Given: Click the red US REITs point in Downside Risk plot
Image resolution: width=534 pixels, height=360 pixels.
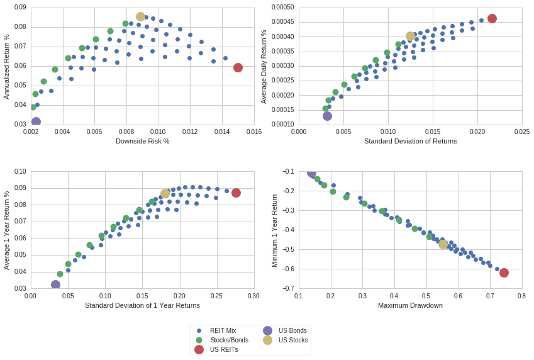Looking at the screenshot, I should (x=238, y=67).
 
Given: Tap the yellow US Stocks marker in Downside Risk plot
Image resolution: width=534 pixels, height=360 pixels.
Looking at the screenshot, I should (x=140, y=16).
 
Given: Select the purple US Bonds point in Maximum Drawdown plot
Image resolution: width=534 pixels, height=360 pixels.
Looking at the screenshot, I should (x=311, y=173).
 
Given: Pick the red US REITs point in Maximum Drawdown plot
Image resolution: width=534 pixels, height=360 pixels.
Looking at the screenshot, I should (x=504, y=273).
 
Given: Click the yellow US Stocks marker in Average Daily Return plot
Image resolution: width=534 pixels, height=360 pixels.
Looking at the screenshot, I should (x=410, y=37).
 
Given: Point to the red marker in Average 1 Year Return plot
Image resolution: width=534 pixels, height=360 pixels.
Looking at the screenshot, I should (x=236, y=193).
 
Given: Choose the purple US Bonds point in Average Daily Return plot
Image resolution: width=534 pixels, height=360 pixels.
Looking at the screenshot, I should (x=327, y=116).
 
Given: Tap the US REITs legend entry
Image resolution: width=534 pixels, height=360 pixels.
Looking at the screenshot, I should (x=223, y=349).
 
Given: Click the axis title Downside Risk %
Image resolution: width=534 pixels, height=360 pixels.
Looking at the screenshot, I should (x=142, y=141).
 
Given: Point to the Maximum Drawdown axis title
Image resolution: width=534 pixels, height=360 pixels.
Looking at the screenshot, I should (x=410, y=305).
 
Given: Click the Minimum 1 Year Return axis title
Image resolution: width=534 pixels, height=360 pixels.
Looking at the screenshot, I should (x=274, y=230).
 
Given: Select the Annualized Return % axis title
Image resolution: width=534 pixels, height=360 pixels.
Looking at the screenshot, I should (x=6, y=67).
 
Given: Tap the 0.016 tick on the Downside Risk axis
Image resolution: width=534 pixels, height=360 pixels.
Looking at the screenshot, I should (x=253, y=132).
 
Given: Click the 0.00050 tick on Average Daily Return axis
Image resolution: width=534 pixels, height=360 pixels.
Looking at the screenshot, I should (x=282, y=8).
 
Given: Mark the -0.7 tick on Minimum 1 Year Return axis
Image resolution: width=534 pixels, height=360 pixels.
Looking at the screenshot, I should (x=288, y=288).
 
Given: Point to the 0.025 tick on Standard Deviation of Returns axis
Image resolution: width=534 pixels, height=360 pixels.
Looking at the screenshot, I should (x=521, y=132).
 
